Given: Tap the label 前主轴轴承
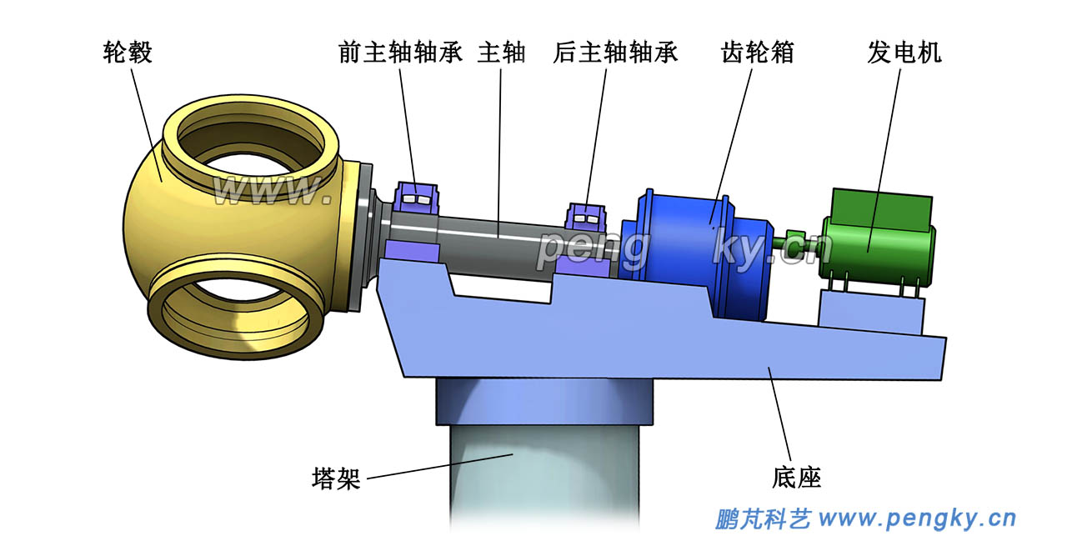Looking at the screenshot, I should pos(400,53).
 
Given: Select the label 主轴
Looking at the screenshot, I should pos(501,53).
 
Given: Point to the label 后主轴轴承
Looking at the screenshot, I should pos(615,53).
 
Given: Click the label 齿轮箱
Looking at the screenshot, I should pos(757,53).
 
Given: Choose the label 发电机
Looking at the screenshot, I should pos(904,53).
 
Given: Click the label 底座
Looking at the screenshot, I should pos(797,478).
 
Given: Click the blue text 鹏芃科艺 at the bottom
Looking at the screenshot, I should pos(763,519).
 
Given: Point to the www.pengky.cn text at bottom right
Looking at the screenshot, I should pos(917,519).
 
